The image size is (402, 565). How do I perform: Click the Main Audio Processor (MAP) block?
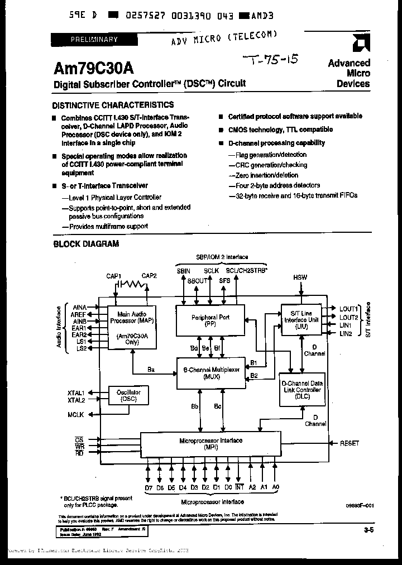pos(132,327)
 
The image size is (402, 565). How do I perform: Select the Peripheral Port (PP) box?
pos(210,320)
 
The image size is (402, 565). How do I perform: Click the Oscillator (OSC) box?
pos(129,396)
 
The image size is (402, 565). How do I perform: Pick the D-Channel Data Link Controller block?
pos(301,390)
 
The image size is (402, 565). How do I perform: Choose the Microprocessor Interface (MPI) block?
pos(210,444)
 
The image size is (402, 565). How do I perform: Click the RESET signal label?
pos(350,443)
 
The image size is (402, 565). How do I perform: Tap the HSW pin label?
pos(300,277)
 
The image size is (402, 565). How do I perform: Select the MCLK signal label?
pos(76,415)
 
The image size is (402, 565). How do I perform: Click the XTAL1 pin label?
pos(76,392)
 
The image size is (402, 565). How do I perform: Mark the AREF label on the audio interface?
pos(79,314)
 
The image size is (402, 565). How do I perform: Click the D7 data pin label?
pos(149,487)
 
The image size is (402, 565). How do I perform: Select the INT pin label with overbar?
pos(240,487)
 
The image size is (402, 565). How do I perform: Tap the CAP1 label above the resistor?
pos(114,276)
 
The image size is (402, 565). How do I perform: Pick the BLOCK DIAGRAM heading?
pos(85,244)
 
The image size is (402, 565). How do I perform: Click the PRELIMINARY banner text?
pos(94,39)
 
